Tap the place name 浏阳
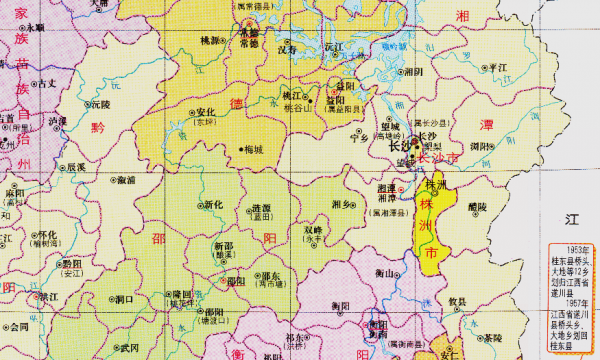pyautogui.click(x=482, y=146)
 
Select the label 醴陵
pyautogui.click(x=477, y=206)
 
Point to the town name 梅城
pyautogui.click(x=253, y=150)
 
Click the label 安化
pyautogui.click(x=207, y=112)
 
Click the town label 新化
pyautogui.click(x=212, y=205)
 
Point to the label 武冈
pyautogui.click(x=129, y=347)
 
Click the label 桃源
pyautogui.click(x=209, y=41)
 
